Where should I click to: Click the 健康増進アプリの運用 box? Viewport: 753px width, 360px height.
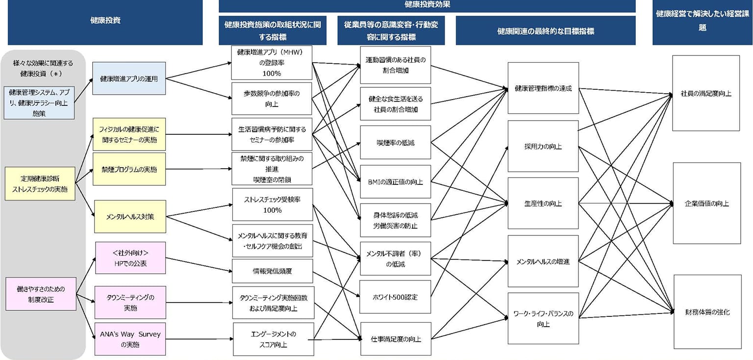[129, 78]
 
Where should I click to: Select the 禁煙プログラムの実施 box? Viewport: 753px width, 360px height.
[129, 169]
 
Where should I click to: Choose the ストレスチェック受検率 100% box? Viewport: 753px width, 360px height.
[272, 205]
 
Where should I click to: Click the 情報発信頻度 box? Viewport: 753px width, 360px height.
[272, 271]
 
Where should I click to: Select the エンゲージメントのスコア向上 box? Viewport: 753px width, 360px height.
[273, 339]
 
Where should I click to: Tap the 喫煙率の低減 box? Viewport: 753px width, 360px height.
[395, 143]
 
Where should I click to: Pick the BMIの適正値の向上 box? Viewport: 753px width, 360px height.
[395, 181]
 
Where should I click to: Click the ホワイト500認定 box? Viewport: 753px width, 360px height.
[395, 297]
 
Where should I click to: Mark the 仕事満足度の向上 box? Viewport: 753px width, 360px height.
[395, 339]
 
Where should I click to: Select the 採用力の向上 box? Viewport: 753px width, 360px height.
[543, 146]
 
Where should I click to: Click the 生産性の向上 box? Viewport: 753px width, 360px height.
[543, 203]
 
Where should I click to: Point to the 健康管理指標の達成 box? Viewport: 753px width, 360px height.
[543, 88]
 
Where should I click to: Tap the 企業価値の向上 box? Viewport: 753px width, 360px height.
[706, 203]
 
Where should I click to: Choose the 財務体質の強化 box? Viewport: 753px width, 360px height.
[707, 311]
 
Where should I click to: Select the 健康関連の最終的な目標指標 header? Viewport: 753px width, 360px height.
[545, 31]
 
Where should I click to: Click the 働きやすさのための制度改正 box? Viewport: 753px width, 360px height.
[41, 293]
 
